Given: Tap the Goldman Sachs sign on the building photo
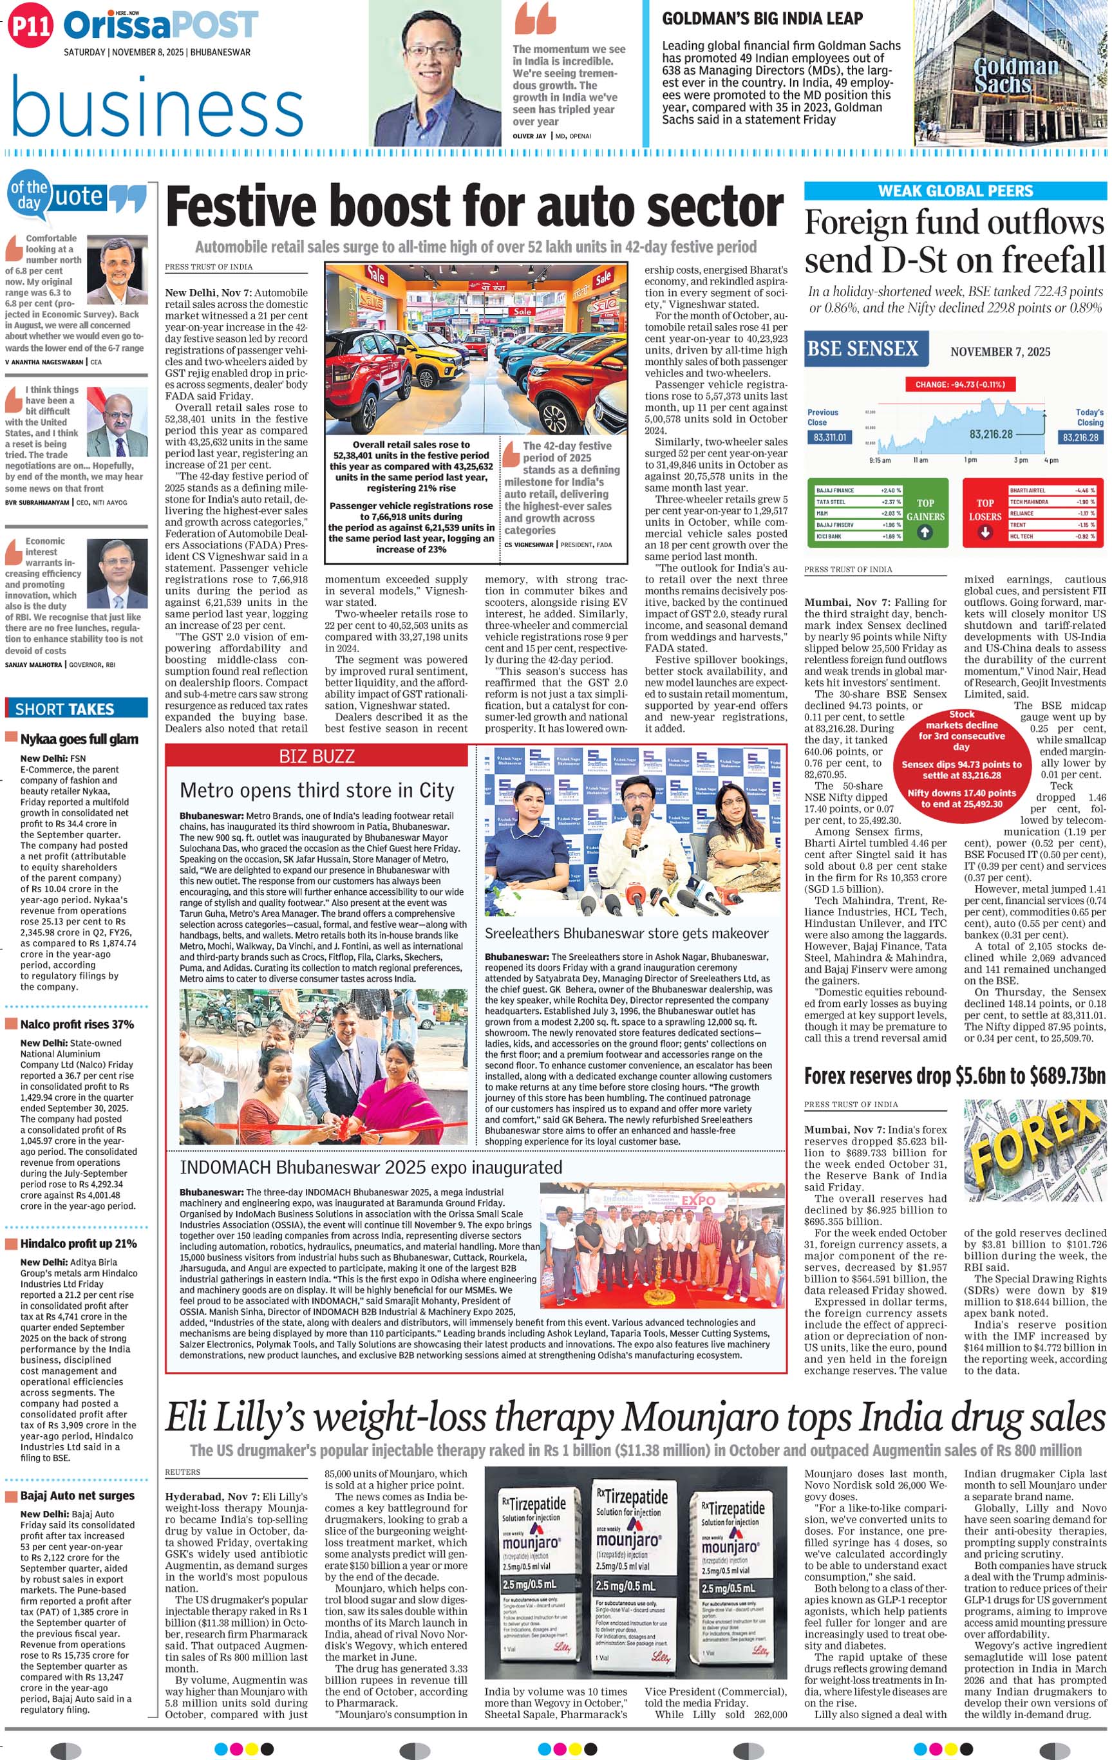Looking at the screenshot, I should [x=1015, y=76].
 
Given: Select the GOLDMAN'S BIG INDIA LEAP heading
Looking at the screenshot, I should [x=762, y=19].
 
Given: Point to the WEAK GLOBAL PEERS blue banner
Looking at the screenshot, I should [x=955, y=191].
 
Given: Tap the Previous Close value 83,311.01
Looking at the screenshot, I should [x=827, y=437].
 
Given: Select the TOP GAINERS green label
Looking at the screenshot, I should [x=925, y=510].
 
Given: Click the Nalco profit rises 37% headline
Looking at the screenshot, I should [x=77, y=1024].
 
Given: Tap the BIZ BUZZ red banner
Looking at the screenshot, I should [x=317, y=756].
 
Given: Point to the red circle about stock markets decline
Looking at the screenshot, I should [x=961, y=760].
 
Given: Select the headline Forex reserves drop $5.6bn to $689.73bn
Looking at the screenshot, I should [x=955, y=1076].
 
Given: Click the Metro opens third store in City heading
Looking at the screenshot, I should [x=317, y=790].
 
